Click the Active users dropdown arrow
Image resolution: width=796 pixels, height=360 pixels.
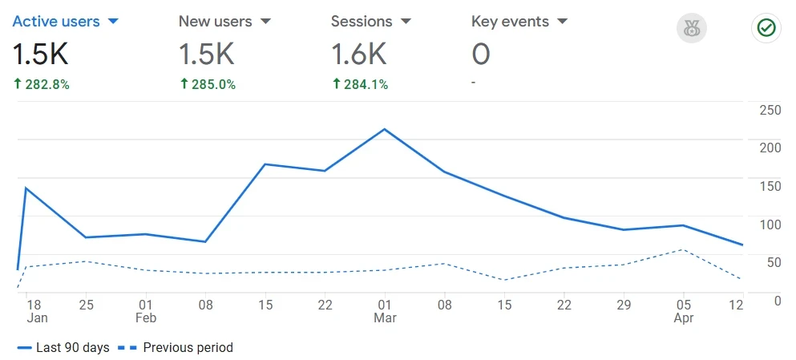click(113, 21)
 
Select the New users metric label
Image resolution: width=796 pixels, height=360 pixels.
click(215, 22)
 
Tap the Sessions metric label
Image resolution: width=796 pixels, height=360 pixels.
click(362, 22)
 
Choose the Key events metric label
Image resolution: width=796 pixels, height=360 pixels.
click(509, 22)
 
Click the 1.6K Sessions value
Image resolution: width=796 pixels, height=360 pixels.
click(358, 55)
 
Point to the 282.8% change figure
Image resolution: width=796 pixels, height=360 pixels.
click(46, 84)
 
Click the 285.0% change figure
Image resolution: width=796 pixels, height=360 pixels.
click(212, 84)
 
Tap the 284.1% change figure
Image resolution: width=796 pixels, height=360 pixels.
click(365, 84)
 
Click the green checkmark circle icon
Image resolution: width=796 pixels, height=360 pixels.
click(766, 29)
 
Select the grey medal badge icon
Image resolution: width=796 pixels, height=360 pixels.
click(690, 29)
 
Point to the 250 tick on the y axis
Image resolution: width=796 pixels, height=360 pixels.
click(770, 110)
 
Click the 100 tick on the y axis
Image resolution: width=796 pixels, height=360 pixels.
click(770, 224)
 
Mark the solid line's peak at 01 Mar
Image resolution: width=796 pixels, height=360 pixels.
click(385, 129)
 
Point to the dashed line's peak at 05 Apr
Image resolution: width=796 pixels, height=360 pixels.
click(682, 249)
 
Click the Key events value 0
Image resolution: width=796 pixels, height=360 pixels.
click(481, 55)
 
